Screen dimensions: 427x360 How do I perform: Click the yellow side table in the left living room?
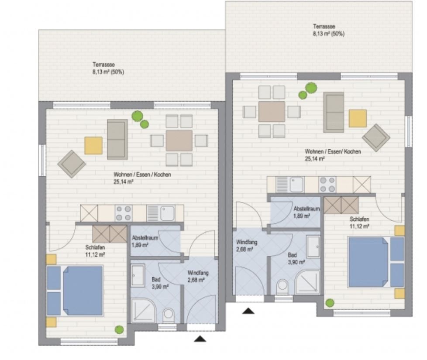pyautogui.click(x=93, y=146)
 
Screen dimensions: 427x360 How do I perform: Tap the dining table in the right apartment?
pyautogui.click(x=272, y=112)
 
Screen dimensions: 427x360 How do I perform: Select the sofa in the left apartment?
pyautogui.click(x=117, y=139)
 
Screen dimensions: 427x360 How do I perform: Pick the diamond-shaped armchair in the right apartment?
pyautogui.click(x=376, y=138)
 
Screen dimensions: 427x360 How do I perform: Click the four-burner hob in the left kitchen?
pyautogui.click(x=124, y=213)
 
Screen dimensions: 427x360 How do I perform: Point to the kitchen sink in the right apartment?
pyautogui.click(x=297, y=185)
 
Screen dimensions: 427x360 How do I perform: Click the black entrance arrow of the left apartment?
pyautogui.click(x=200, y=339)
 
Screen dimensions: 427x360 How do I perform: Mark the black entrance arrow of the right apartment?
pyautogui.click(x=248, y=311)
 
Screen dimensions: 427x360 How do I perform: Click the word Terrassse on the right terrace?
pyautogui.click(x=324, y=27)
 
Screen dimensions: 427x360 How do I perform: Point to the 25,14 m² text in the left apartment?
pyautogui.click(x=123, y=182)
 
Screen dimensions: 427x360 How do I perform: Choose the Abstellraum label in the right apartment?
pyautogui.click(x=306, y=209)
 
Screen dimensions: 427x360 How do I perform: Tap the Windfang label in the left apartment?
pyautogui.click(x=198, y=272)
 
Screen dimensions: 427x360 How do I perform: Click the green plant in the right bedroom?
pyautogui.click(x=330, y=302)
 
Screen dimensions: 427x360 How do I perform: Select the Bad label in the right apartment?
pyautogui.click(x=292, y=255)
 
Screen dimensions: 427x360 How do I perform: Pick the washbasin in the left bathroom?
pyautogui.click(x=138, y=276)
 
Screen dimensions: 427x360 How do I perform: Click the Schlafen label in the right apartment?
pyautogui.click(x=359, y=219)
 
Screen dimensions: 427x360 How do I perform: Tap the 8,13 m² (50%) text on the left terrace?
pyautogui.click(x=108, y=72)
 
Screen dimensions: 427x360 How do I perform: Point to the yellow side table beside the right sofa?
pyautogui.click(x=358, y=118)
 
